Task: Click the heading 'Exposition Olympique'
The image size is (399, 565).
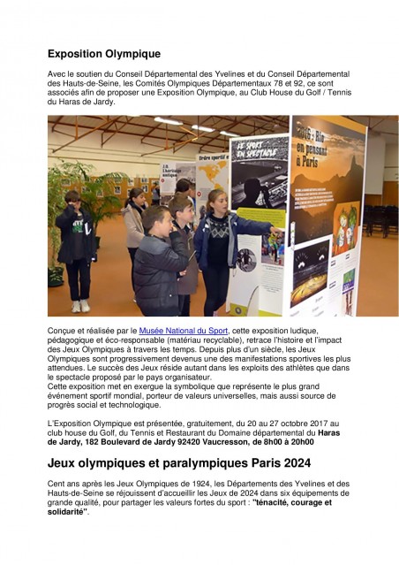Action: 103,54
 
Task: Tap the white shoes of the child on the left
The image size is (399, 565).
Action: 80,306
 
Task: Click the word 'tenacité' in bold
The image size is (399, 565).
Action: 279,502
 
